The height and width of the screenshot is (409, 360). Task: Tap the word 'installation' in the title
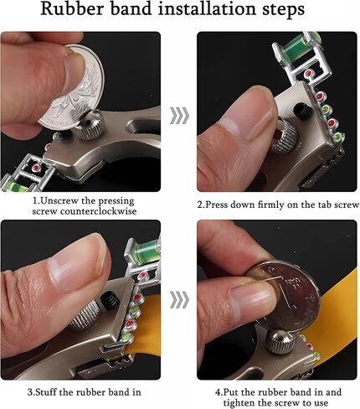206,9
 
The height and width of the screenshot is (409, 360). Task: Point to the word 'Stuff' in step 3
46,392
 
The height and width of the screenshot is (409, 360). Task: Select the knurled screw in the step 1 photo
90,125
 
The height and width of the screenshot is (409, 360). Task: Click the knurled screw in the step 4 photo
280,342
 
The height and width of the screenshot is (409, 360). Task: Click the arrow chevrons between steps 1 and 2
179,115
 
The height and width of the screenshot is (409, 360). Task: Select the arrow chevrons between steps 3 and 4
179,300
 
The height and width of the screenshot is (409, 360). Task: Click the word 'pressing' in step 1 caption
116,202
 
